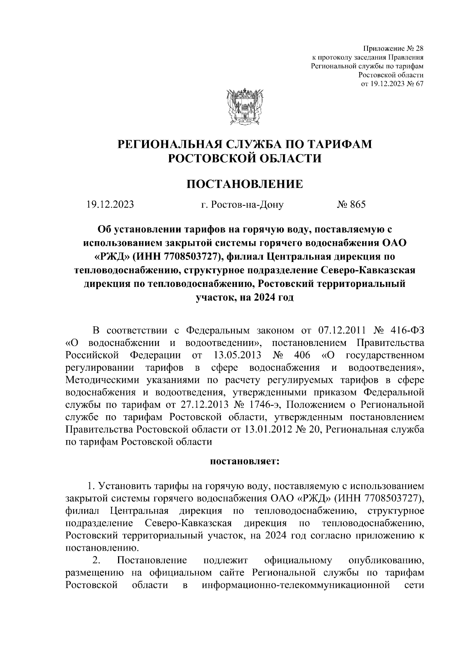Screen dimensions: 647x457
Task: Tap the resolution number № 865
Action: pyautogui.click(x=351, y=205)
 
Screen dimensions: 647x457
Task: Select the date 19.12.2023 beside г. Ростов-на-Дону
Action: pyautogui.click(x=110, y=205)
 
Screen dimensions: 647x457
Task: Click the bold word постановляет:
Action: pyautogui.click(x=245, y=461)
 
